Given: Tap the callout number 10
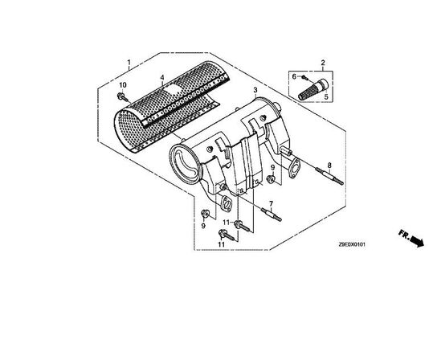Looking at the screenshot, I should coord(123,86).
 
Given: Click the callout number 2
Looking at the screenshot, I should coord(323,62).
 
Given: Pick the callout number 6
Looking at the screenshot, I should coord(294,76).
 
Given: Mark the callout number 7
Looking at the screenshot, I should coord(271,203).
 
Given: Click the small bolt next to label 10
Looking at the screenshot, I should coord(120,97).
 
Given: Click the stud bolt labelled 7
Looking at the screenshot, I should coord(270,215).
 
